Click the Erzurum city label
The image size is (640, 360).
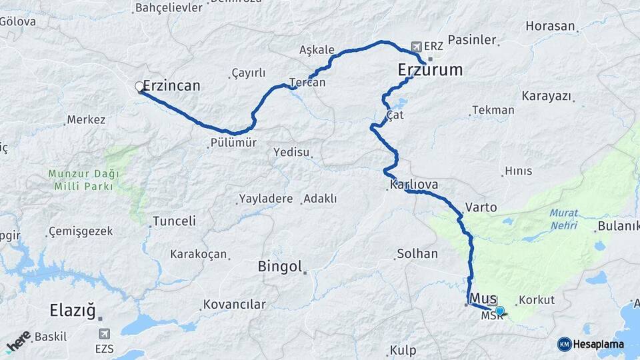[x=429, y=69]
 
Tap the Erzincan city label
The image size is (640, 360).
[x=171, y=86]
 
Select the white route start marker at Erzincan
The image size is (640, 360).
[x=140, y=87]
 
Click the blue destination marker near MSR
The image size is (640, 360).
[x=500, y=310]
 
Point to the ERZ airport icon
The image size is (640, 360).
[x=417, y=47]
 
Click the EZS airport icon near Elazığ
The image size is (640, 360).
[x=104, y=333]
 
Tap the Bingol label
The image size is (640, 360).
[x=280, y=267]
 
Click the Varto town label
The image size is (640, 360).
[x=481, y=207]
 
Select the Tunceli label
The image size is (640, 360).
[x=174, y=221]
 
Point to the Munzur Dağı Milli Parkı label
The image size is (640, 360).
[x=83, y=180]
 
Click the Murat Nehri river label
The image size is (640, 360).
[x=564, y=219]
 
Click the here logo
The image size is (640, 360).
[x=18, y=341]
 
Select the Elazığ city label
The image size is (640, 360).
[x=73, y=310]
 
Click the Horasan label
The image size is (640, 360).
[x=550, y=27]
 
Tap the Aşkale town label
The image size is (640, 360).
[x=316, y=50]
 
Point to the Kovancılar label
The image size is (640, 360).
[x=235, y=305]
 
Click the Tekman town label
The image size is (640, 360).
[x=493, y=110]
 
